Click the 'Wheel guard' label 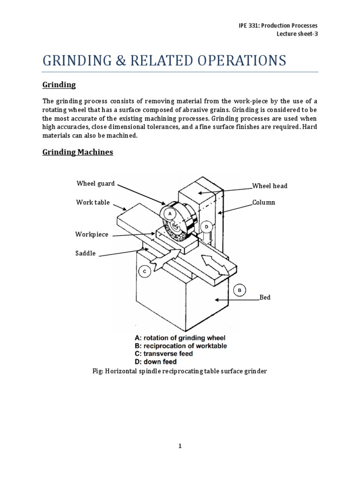point(95,184)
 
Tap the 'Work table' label point(93,202)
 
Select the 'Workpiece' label point(91,234)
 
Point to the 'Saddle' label point(85,253)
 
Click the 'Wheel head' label point(270,186)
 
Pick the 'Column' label point(263,202)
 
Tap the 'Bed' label point(265,298)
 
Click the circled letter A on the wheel point(170,212)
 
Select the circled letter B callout point(240,291)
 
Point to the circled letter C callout point(144,271)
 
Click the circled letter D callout point(207,227)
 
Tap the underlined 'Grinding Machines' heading point(78,152)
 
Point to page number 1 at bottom point(180,447)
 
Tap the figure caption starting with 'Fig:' point(180,371)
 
